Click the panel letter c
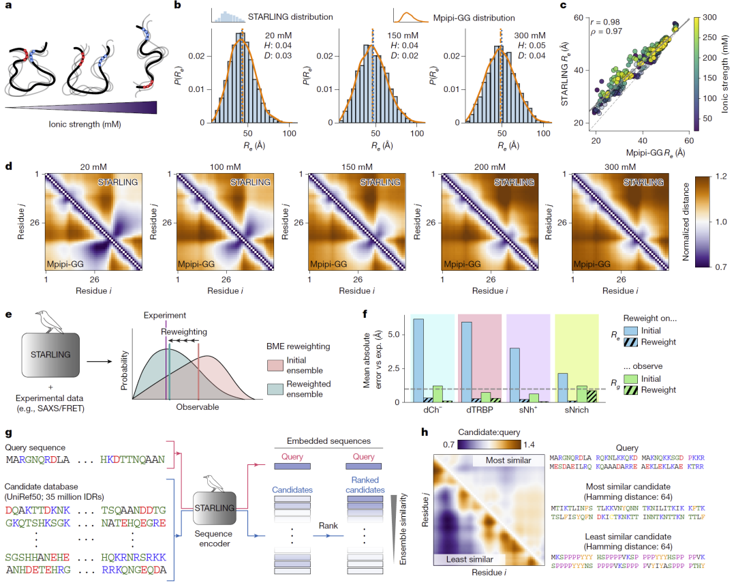pyautogui.click(x=563, y=6)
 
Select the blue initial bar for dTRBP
pyautogui.click(x=467, y=362)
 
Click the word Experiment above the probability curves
pyautogui.click(x=164, y=316)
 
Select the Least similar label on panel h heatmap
pyautogui.click(x=471, y=559)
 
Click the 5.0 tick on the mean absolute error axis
pyautogui.click(x=392, y=335)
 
